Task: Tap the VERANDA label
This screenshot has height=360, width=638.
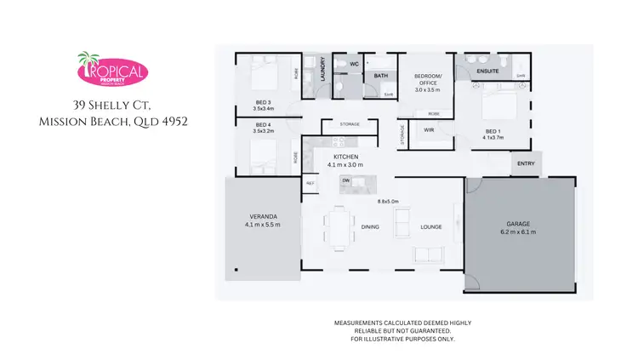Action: click(x=262, y=216)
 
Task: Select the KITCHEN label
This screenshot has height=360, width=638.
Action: click(x=346, y=157)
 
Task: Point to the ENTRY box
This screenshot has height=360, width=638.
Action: click(x=525, y=163)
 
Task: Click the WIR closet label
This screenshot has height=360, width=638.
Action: click(x=429, y=129)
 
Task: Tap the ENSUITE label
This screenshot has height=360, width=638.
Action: click(x=487, y=71)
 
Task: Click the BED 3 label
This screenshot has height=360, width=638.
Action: click(x=263, y=102)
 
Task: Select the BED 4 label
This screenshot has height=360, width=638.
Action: click(x=263, y=125)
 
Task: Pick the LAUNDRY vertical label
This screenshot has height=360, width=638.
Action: click(x=323, y=70)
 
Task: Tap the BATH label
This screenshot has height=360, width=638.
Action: click(x=380, y=76)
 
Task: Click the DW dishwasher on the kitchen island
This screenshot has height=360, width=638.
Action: click(x=346, y=180)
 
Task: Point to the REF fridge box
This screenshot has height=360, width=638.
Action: click(x=310, y=181)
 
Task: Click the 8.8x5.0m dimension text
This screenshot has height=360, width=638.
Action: click(x=389, y=201)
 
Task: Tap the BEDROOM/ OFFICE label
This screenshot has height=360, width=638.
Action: click(x=427, y=79)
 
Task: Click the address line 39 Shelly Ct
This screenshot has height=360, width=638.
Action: click(x=113, y=105)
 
